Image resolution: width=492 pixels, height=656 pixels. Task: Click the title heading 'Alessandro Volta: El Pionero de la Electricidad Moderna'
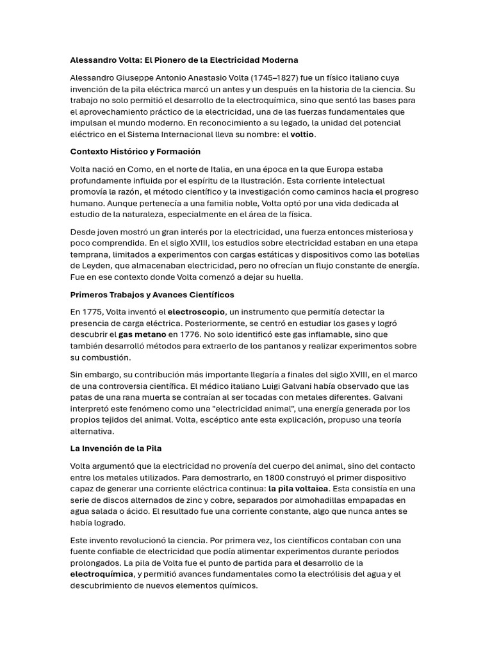tap(184, 60)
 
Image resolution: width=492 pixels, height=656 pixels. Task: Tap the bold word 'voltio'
tap(303, 135)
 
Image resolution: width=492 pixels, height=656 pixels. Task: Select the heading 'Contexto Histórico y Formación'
tap(135, 152)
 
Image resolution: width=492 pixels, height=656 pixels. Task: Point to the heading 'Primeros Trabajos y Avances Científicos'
tap(152, 295)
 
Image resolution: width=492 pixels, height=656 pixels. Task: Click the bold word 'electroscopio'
tap(196, 312)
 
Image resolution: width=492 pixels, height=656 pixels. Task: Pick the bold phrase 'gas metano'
tap(142, 334)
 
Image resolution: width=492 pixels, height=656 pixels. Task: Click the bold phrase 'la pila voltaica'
tap(298, 489)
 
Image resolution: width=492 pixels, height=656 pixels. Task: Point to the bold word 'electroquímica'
tap(102, 574)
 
